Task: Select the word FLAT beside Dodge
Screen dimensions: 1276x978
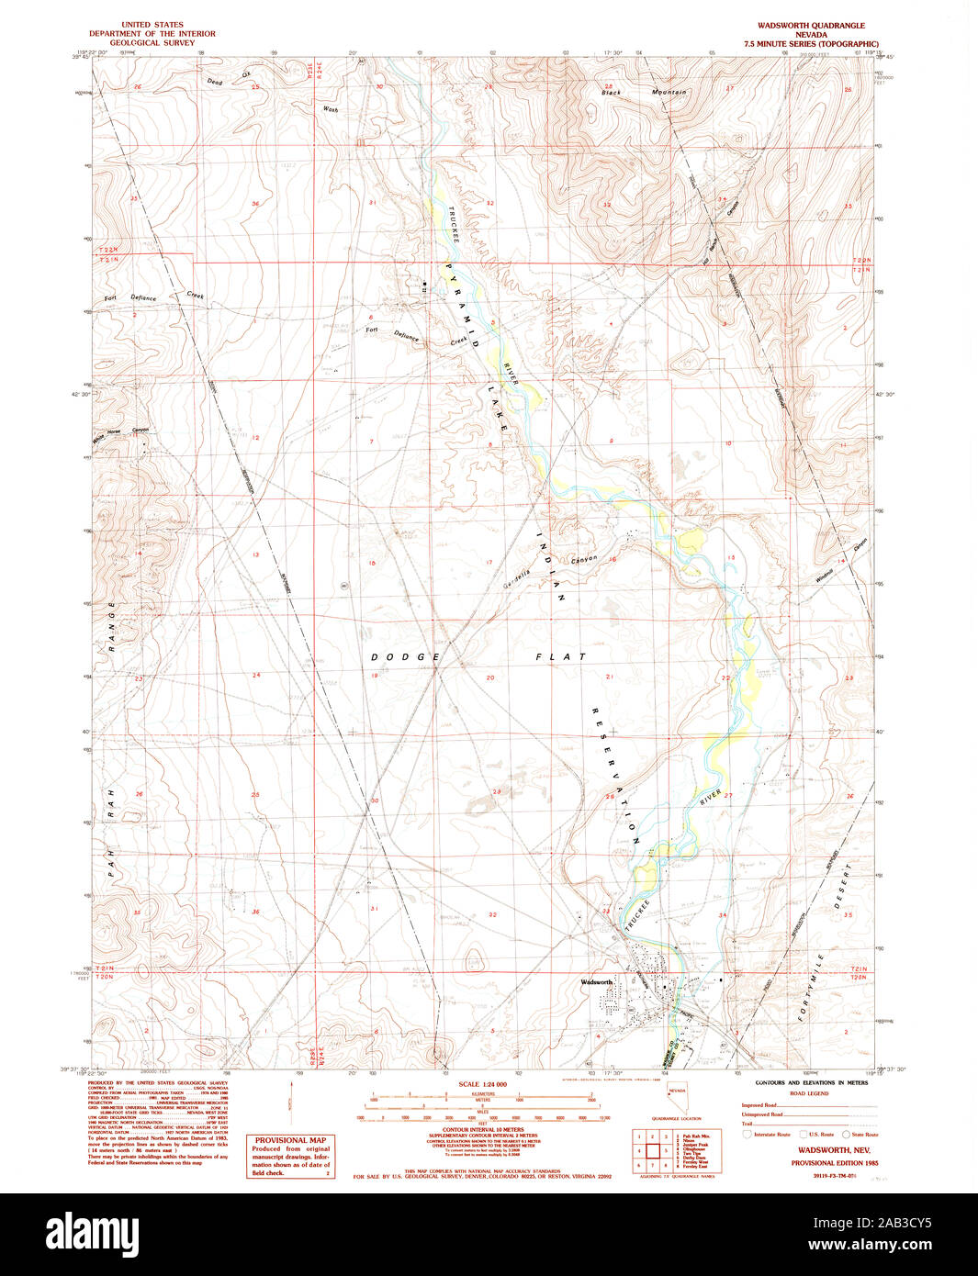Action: click(561, 657)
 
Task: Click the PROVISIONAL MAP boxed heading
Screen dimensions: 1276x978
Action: click(290, 1140)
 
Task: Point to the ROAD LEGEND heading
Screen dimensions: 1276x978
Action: click(809, 1093)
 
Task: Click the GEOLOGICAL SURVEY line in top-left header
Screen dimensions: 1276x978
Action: click(152, 42)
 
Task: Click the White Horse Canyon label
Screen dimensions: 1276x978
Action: click(120, 433)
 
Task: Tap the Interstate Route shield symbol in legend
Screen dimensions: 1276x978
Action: click(747, 1135)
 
